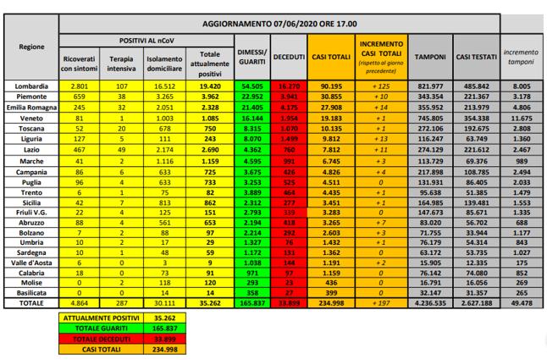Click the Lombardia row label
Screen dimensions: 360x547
(x=33, y=86)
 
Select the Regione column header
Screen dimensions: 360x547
(x=33, y=47)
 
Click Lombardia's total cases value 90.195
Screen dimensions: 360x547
(x=331, y=86)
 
